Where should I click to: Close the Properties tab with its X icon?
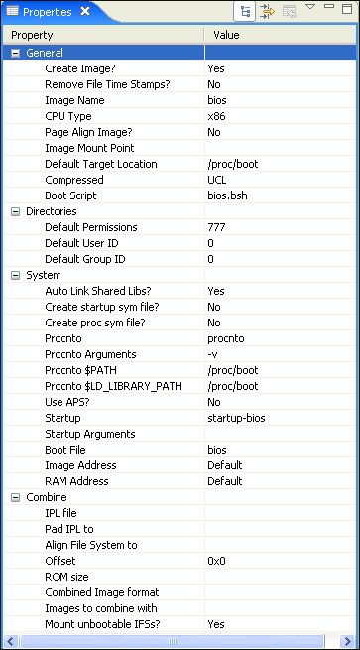point(85,11)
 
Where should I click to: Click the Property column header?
point(32,35)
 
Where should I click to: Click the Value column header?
point(226,35)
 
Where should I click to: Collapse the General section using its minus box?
point(15,53)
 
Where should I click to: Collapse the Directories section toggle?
point(15,211)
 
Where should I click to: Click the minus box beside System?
point(15,275)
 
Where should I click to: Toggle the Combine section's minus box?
point(15,497)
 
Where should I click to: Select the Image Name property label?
point(74,100)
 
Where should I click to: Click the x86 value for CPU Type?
point(216,116)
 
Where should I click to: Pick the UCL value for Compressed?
point(217,180)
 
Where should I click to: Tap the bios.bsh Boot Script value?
point(227,195)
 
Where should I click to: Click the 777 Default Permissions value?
point(216,227)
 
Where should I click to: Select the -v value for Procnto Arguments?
point(213,354)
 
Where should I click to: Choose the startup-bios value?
point(236,418)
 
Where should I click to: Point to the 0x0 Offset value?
point(217,561)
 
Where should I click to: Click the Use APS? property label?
point(70,402)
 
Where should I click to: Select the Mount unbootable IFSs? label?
point(104,624)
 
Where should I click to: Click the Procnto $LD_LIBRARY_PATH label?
point(113,386)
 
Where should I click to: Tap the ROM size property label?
point(67,577)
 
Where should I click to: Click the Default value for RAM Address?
point(224,481)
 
